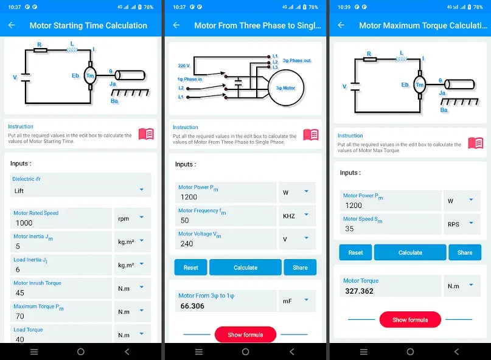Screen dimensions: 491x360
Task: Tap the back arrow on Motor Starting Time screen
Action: tap(12, 26)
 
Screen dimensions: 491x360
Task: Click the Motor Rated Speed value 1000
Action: tap(24, 223)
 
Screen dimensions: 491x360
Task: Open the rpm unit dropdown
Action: tap(132, 218)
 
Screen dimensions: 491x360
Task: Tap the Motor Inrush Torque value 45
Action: tap(19, 292)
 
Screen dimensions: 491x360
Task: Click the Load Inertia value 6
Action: tap(18, 269)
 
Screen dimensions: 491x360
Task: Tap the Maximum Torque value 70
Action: tap(19, 316)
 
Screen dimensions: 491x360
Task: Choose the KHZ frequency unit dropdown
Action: tap(297, 216)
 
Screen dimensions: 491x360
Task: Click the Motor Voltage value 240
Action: tap(187, 244)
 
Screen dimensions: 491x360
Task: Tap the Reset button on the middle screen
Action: tap(190, 268)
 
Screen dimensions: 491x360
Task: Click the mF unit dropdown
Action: tap(297, 301)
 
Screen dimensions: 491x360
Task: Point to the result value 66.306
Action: tap(192, 306)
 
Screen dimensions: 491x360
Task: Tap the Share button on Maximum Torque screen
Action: tap(465, 252)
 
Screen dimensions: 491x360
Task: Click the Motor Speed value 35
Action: tap(349, 229)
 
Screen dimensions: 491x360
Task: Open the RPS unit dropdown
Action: tap(462, 224)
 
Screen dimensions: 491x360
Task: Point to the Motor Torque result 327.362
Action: tap(359, 291)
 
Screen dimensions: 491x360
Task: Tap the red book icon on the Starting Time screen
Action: tap(146, 134)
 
